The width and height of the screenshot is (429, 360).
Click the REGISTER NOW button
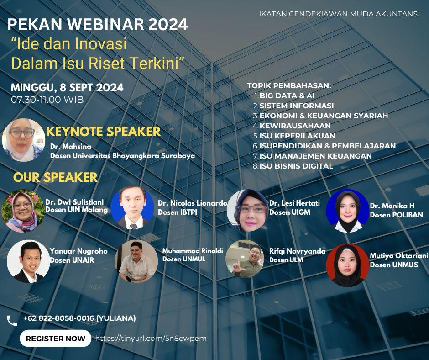click(55, 339)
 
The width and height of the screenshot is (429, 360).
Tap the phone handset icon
click(12, 320)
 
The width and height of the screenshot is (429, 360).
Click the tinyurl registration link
click(151, 339)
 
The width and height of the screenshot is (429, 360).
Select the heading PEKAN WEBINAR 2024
click(98, 24)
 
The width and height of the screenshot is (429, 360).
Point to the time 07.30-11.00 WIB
click(47, 100)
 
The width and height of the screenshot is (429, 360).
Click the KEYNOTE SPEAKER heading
click(104, 132)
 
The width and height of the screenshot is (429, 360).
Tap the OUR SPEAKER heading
click(55, 177)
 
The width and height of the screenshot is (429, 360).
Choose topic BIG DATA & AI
click(287, 95)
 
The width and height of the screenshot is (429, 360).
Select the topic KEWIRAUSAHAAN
click(295, 126)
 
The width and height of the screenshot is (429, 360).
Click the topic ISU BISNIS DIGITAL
click(296, 166)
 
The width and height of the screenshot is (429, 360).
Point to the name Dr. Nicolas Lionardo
click(193, 203)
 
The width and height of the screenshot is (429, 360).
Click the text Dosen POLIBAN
click(397, 215)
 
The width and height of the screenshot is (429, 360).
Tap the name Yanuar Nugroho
click(78, 251)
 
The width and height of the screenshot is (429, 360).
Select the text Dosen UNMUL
click(184, 259)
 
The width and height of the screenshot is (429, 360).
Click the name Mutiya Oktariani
click(399, 256)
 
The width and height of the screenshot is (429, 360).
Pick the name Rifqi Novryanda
click(298, 251)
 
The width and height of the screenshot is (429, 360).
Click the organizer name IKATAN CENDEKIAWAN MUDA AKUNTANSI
click(339, 14)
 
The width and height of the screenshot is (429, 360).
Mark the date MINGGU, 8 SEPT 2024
click(67, 88)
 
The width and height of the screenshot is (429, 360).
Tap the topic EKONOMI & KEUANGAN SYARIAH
click(324, 116)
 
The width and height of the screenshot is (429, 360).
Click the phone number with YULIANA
click(79, 318)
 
